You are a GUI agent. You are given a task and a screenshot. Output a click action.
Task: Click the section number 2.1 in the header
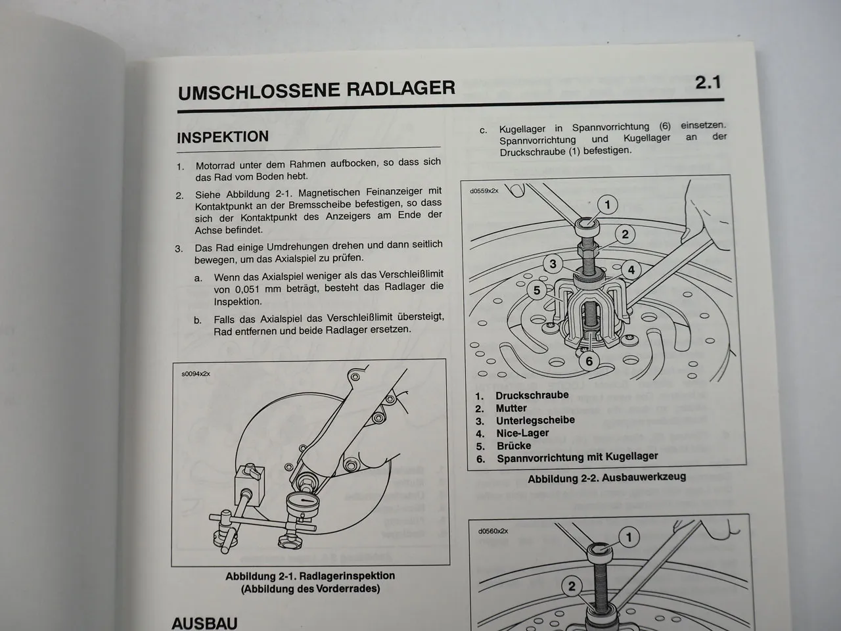[x=708, y=83]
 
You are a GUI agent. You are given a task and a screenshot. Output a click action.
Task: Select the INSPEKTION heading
[x=223, y=137]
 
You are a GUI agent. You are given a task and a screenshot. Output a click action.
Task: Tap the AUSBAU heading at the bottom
[x=204, y=622]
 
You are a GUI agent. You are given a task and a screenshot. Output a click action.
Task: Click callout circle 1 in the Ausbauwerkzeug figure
[x=608, y=205]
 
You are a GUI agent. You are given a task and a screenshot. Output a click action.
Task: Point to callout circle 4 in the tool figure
[x=631, y=269]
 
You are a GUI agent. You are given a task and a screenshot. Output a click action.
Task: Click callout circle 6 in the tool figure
[x=589, y=361]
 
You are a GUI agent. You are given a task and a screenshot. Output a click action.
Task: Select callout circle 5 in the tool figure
[x=537, y=290]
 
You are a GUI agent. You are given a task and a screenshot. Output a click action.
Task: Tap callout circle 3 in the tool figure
[x=553, y=264]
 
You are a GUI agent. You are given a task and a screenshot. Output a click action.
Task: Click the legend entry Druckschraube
[x=532, y=396]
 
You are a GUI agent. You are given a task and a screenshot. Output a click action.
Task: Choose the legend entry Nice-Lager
[x=522, y=433]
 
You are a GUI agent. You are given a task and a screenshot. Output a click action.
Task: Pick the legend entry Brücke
[x=513, y=446]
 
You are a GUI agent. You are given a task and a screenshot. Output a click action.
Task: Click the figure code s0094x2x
[x=196, y=374]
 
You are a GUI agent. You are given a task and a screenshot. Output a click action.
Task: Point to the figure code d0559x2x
[x=484, y=191]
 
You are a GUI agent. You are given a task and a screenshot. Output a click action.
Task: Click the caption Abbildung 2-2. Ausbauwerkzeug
[x=606, y=478]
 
